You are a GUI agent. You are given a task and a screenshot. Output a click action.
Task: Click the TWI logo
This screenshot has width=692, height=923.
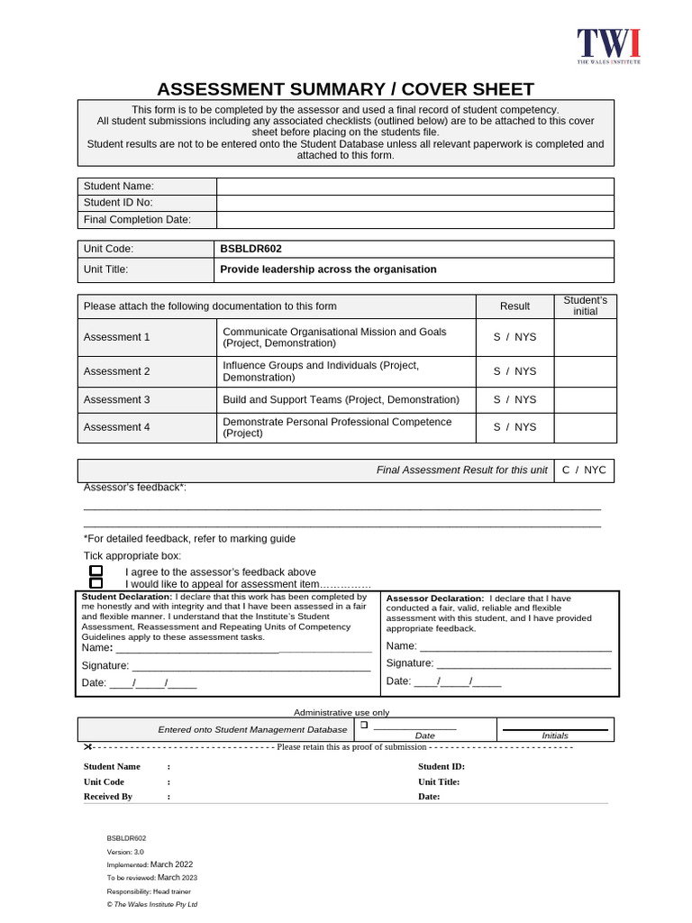coord(608,46)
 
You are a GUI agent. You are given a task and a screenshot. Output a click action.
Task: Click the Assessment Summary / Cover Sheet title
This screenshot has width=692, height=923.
coord(345,88)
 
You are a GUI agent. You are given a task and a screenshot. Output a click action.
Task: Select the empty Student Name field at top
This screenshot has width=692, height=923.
coord(414,186)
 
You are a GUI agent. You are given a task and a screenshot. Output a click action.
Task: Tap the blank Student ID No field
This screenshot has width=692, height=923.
coord(414,203)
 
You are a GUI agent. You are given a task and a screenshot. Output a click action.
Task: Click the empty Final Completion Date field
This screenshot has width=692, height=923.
coord(414,220)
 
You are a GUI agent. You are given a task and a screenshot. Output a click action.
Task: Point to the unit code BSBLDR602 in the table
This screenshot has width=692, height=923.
coord(244,249)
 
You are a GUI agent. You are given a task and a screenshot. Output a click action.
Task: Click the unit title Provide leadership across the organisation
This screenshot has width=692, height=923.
coord(328,270)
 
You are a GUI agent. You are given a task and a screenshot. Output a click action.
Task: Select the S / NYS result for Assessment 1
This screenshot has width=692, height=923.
coord(514,337)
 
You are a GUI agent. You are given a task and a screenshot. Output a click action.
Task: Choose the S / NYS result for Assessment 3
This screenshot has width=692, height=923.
coord(514,399)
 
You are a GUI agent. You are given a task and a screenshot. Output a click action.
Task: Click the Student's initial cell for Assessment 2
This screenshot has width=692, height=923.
coord(585,371)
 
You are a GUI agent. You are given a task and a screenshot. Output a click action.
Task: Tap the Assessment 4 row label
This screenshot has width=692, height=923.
coord(117,427)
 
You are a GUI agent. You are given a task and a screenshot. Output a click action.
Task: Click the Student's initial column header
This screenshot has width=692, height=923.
coord(585,306)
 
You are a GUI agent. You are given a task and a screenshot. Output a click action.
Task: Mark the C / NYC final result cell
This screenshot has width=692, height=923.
coord(584,471)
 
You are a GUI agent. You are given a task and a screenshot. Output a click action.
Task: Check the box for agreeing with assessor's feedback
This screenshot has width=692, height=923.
coord(96,571)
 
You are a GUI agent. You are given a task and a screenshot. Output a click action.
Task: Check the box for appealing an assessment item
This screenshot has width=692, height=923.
coord(96,584)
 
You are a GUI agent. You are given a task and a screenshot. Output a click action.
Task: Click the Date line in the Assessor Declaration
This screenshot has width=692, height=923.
coord(469,681)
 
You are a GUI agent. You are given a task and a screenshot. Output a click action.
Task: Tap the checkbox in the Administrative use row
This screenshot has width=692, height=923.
coord(365,725)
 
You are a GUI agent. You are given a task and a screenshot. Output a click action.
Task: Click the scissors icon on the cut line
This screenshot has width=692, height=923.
coord(87,747)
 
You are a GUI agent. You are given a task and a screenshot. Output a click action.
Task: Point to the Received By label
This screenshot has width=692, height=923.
coord(108,797)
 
